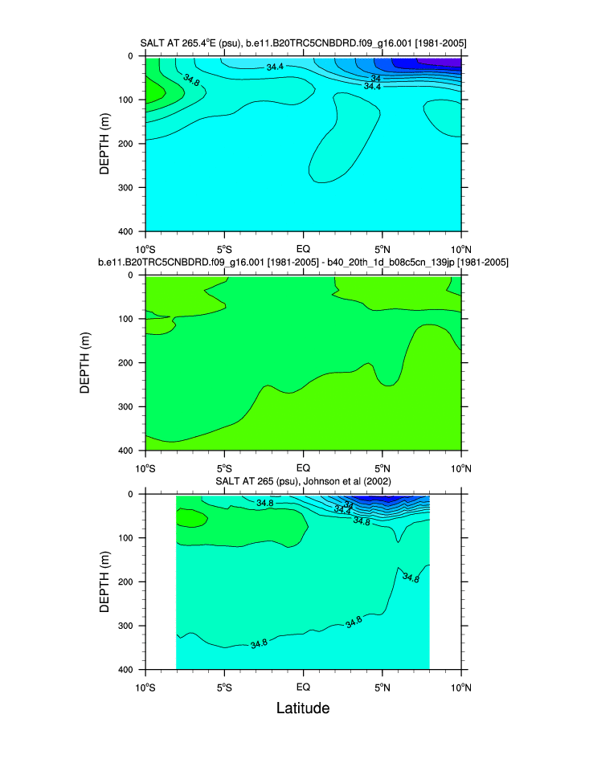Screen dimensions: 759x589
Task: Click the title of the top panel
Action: [x=303, y=43]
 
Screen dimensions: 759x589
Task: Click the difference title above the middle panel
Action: [x=303, y=262]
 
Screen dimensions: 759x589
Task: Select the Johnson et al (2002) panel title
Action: [x=303, y=480]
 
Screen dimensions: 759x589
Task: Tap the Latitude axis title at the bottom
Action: [x=303, y=708]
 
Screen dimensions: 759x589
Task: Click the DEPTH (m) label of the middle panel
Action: [x=86, y=362]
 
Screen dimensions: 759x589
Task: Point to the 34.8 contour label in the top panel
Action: [x=191, y=80]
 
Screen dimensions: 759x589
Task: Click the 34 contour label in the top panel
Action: [x=375, y=78]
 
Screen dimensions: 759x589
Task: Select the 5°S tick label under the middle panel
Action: [x=224, y=467]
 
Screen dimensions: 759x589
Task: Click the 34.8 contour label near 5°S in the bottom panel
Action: [x=259, y=643]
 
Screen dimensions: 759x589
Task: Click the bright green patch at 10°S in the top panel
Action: [x=151, y=90]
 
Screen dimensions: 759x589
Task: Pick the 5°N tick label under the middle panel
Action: [x=382, y=467]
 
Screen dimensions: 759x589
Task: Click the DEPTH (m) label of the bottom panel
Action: [x=104, y=581]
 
